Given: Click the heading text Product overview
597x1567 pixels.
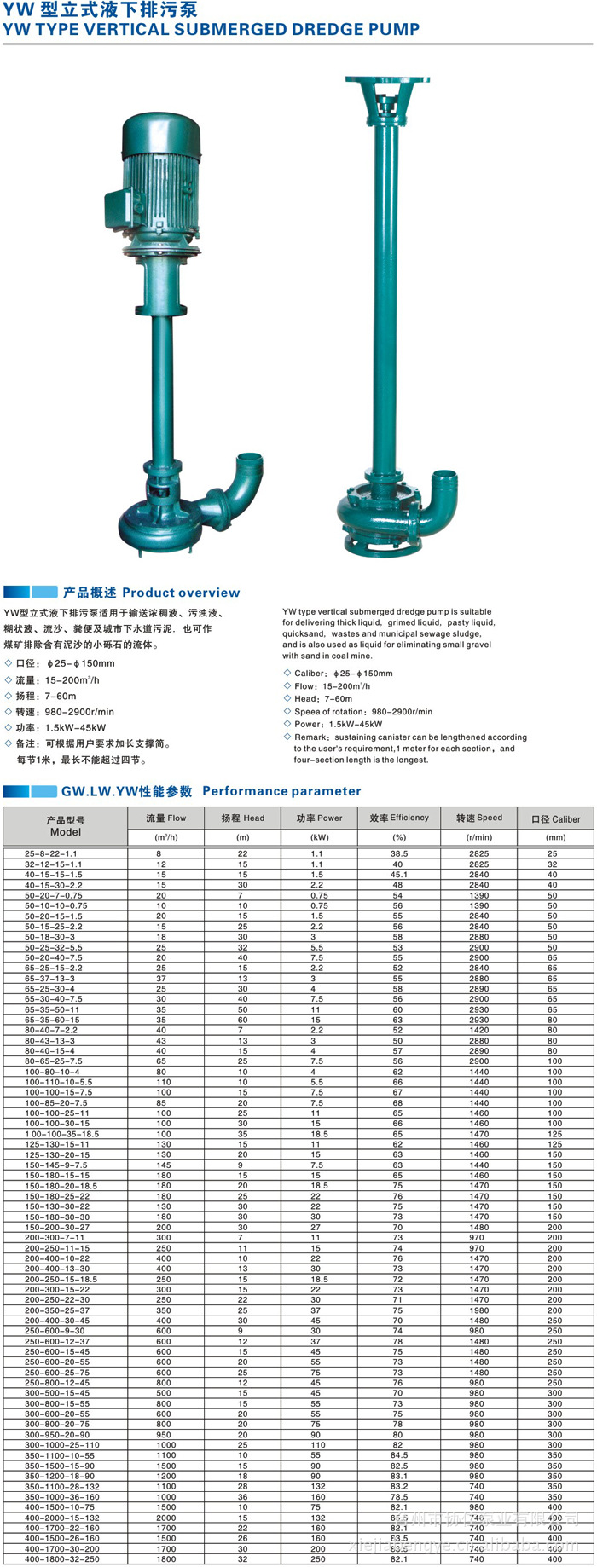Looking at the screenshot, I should pyautogui.click(x=181, y=593).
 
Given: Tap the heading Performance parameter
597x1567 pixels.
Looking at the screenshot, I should pyautogui.click(x=281, y=791).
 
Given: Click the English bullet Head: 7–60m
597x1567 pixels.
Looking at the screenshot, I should pyautogui.click(x=323, y=698).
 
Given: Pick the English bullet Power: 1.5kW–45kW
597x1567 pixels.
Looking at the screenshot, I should pyautogui.click(x=338, y=724).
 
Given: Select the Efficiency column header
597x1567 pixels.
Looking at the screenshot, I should pyautogui.click(x=399, y=818).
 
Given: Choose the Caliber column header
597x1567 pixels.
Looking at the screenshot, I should pyautogui.click(x=555, y=818).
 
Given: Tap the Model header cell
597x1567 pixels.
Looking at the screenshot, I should pyautogui.click(x=66, y=826).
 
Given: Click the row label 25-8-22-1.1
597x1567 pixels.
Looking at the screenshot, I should pyautogui.click(x=50, y=853).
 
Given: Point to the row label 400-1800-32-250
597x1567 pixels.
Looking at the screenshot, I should pyautogui.click(x=61, y=1559).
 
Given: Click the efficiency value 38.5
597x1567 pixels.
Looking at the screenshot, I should pyautogui.click(x=399, y=853).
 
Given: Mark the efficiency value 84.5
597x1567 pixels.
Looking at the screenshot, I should pyautogui.click(x=399, y=1455).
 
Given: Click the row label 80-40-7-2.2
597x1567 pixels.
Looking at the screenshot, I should pyautogui.click(x=50, y=1030).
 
